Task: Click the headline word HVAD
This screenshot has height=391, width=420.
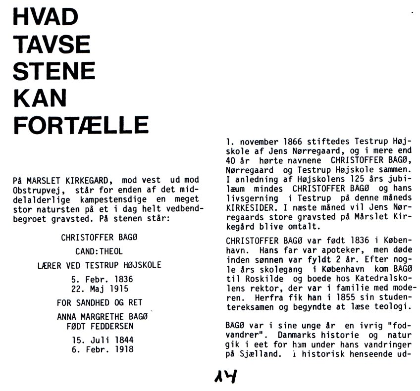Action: [45, 18]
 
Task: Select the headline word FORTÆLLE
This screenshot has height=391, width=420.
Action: [81, 125]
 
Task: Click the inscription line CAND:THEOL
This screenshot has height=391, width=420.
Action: [100, 251]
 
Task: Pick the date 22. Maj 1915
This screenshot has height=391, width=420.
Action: [100, 288]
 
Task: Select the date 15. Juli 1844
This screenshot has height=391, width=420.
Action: [100, 340]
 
